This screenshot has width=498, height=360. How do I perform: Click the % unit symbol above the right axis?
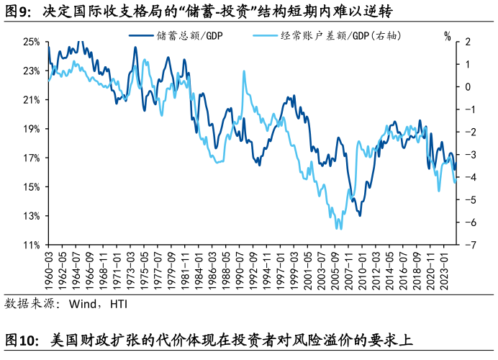pyautogui.click(x=448, y=35)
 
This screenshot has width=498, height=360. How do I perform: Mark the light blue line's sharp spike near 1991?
pyautogui.click(x=244, y=71)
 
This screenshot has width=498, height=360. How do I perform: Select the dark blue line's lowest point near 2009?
pyautogui.click(x=359, y=215)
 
